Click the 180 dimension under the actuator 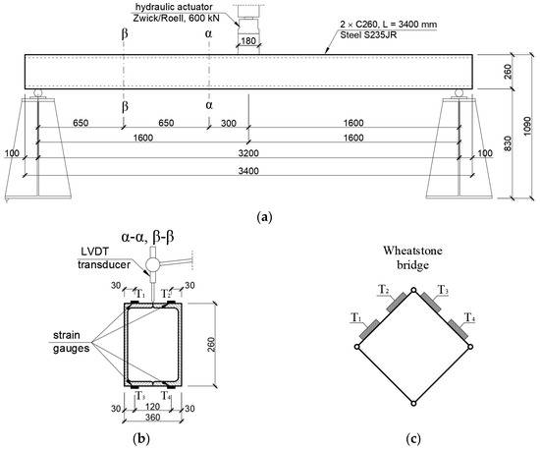point(248,41)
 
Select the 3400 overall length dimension point(248,171)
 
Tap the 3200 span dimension point(248,153)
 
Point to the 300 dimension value point(229,123)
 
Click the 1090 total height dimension point(528,126)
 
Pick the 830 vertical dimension point(508,143)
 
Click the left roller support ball point(37,93)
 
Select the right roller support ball point(459,93)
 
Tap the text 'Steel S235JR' point(368,34)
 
